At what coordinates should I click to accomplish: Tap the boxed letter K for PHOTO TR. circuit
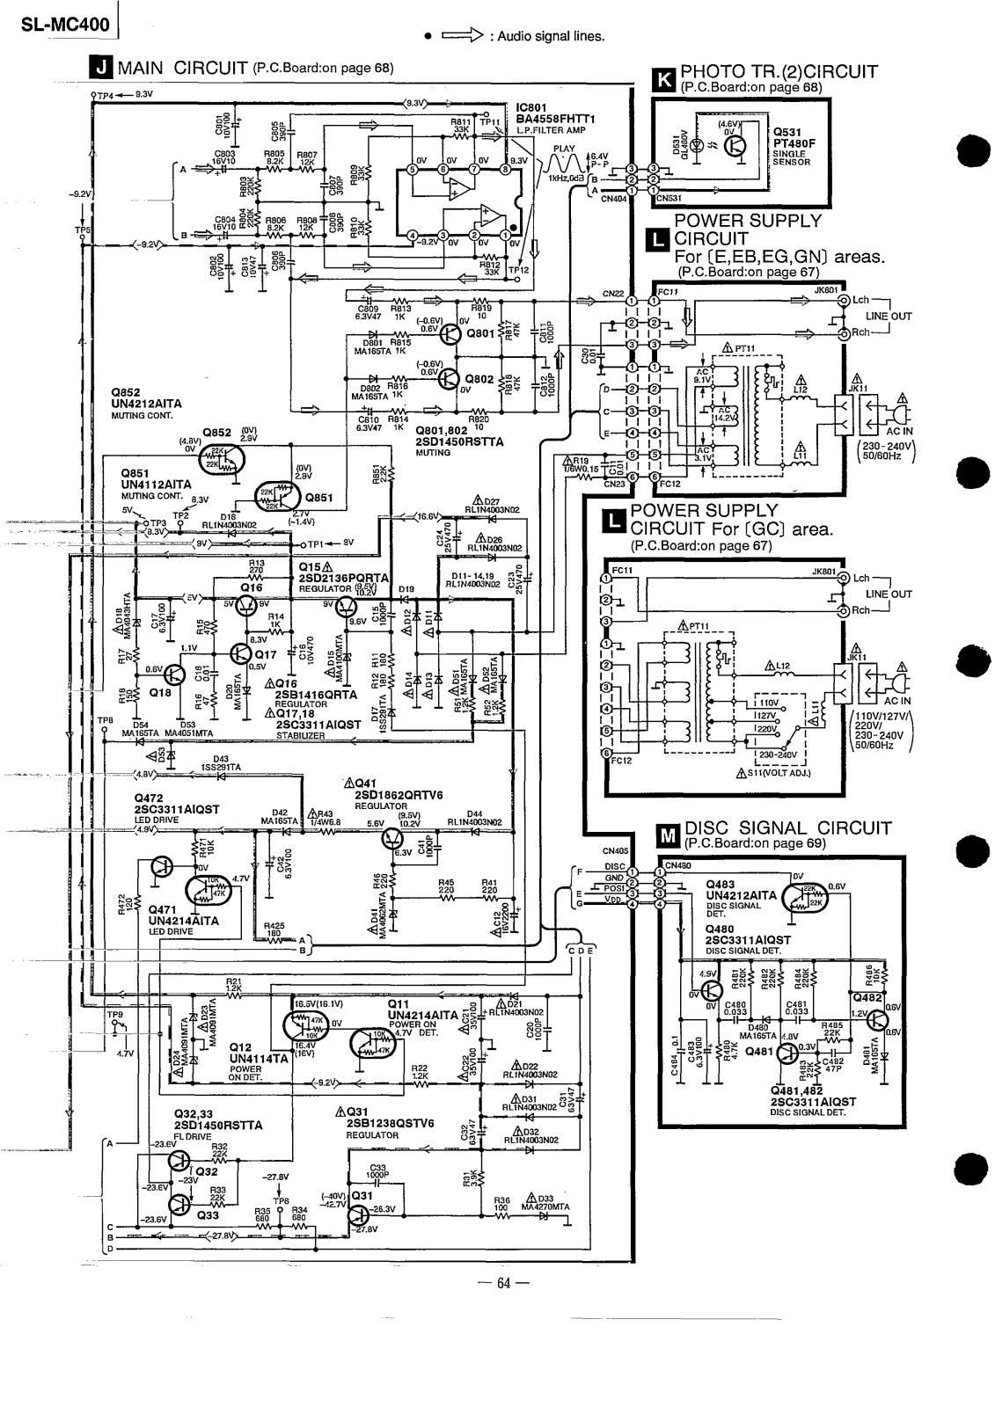663,80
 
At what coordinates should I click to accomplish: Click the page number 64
497,1281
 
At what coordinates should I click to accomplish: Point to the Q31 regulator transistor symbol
359,1214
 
